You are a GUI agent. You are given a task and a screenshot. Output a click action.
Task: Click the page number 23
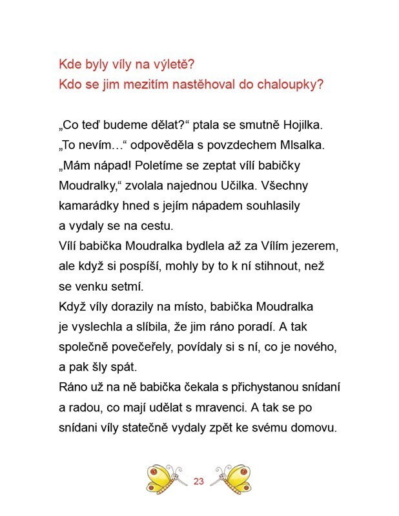(198, 481)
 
